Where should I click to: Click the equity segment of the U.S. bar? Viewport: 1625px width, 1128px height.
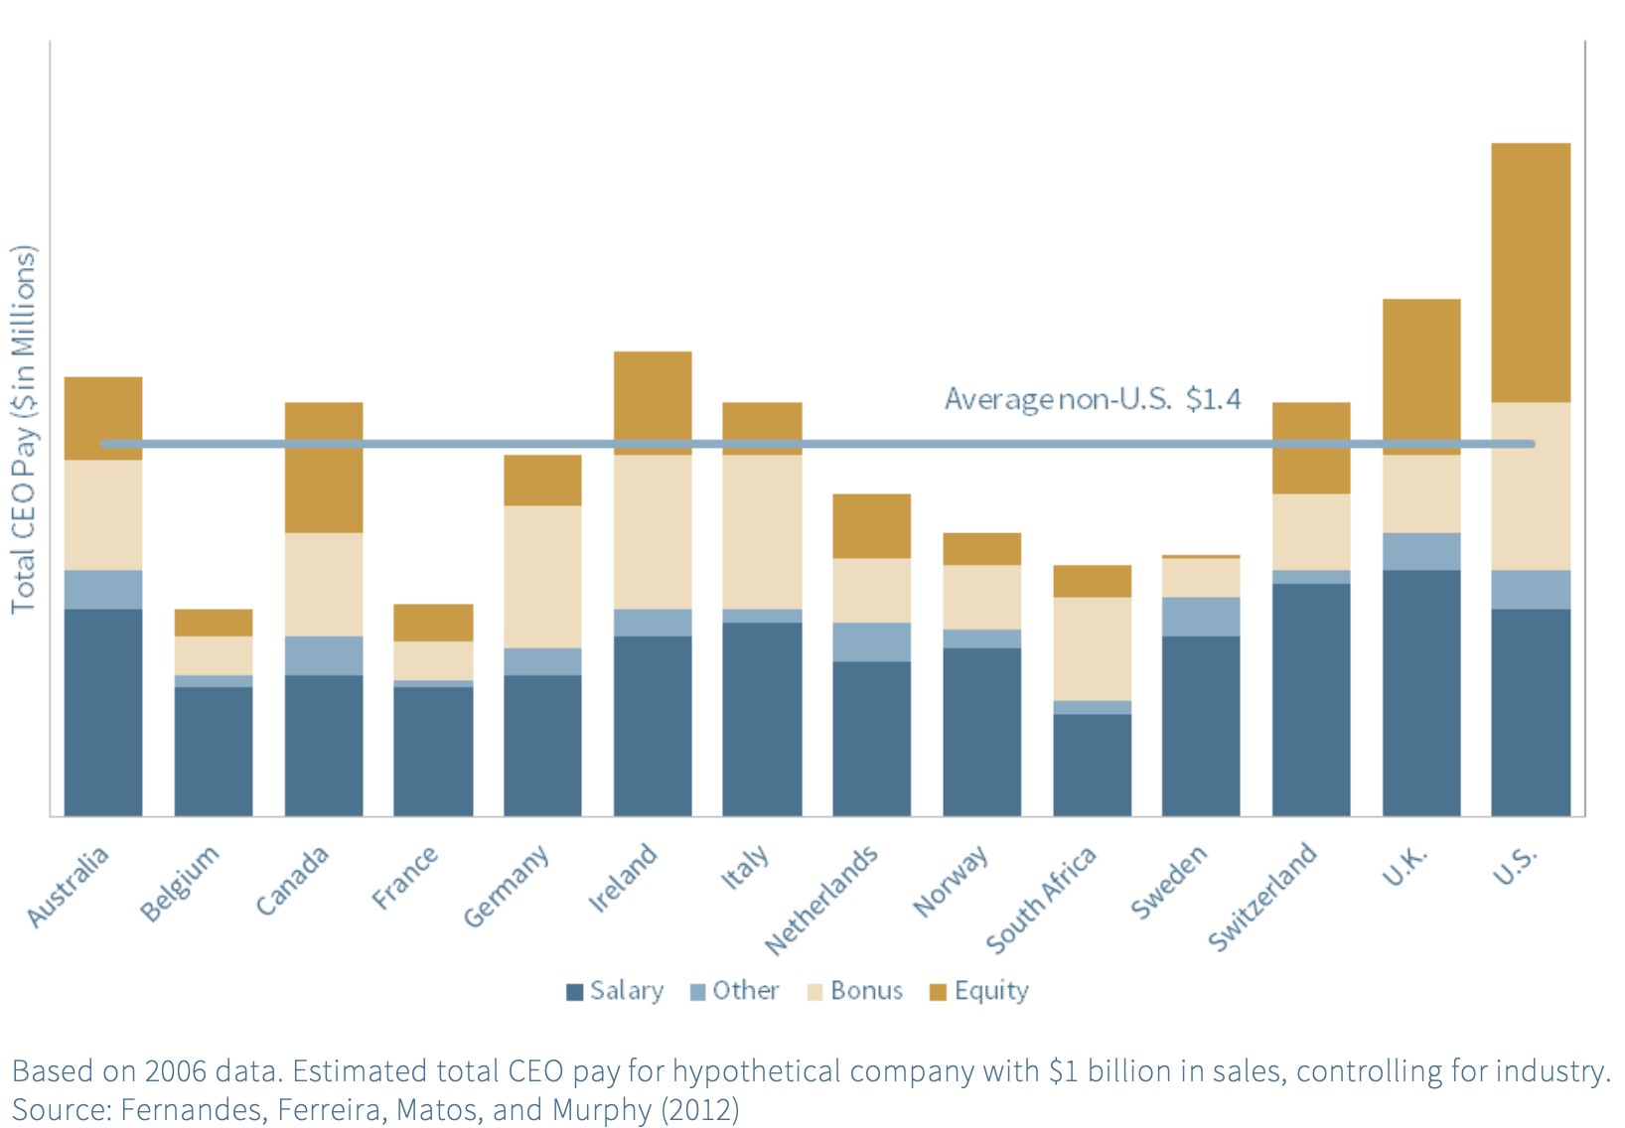[1530, 272]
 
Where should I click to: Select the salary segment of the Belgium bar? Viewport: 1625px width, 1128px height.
[214, 751]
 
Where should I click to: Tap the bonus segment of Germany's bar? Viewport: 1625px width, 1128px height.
[542, 577]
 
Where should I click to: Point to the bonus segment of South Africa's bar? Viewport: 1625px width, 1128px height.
[1092, 648]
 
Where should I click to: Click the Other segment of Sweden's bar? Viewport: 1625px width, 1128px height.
[1200, 616]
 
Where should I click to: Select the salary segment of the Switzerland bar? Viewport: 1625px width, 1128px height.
[1310, 699]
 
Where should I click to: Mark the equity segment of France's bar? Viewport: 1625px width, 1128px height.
[433, 623]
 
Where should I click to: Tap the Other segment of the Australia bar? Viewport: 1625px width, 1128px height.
[103, 589]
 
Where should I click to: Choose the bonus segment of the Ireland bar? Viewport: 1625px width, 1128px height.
[653, 531]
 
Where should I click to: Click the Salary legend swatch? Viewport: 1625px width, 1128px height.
[574, 992]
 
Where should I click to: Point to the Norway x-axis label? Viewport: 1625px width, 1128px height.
[951, 881]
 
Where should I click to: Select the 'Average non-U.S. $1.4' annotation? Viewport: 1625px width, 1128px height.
[1092, 399]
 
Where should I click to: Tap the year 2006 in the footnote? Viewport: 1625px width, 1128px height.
[175, 1071]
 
